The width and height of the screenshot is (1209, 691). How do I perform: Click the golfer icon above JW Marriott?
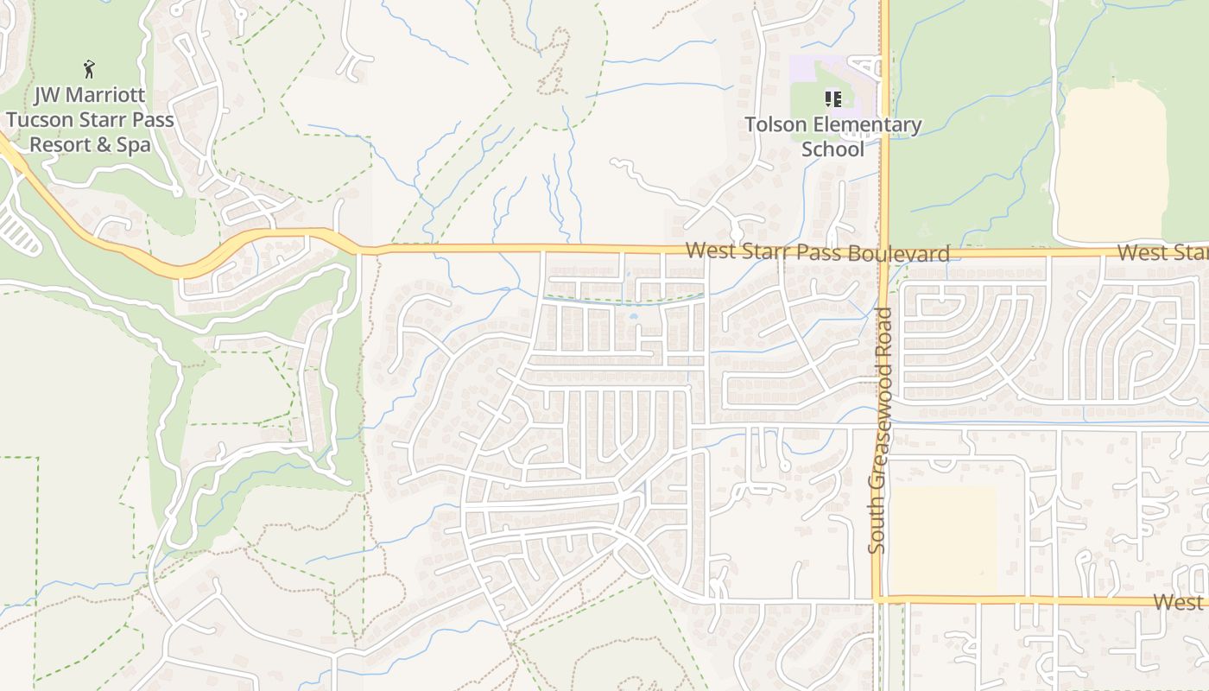(x=89, y=69)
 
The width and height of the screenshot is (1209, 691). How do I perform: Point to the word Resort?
(x=60, y=144)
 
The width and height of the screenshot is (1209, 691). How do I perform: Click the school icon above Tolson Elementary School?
(x=832, y=99)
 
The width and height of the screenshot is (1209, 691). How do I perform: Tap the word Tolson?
(x=775, y=125)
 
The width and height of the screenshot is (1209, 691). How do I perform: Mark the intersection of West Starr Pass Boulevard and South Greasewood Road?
(x=884, y=253)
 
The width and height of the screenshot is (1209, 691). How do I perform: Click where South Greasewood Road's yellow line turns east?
(x=877, y=598)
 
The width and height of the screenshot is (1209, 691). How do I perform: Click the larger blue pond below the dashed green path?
(x=634, y=316)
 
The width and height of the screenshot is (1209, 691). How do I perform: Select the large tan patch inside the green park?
(x=1111, y=164)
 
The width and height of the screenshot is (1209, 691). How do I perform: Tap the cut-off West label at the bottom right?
(x=1181, y=602)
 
